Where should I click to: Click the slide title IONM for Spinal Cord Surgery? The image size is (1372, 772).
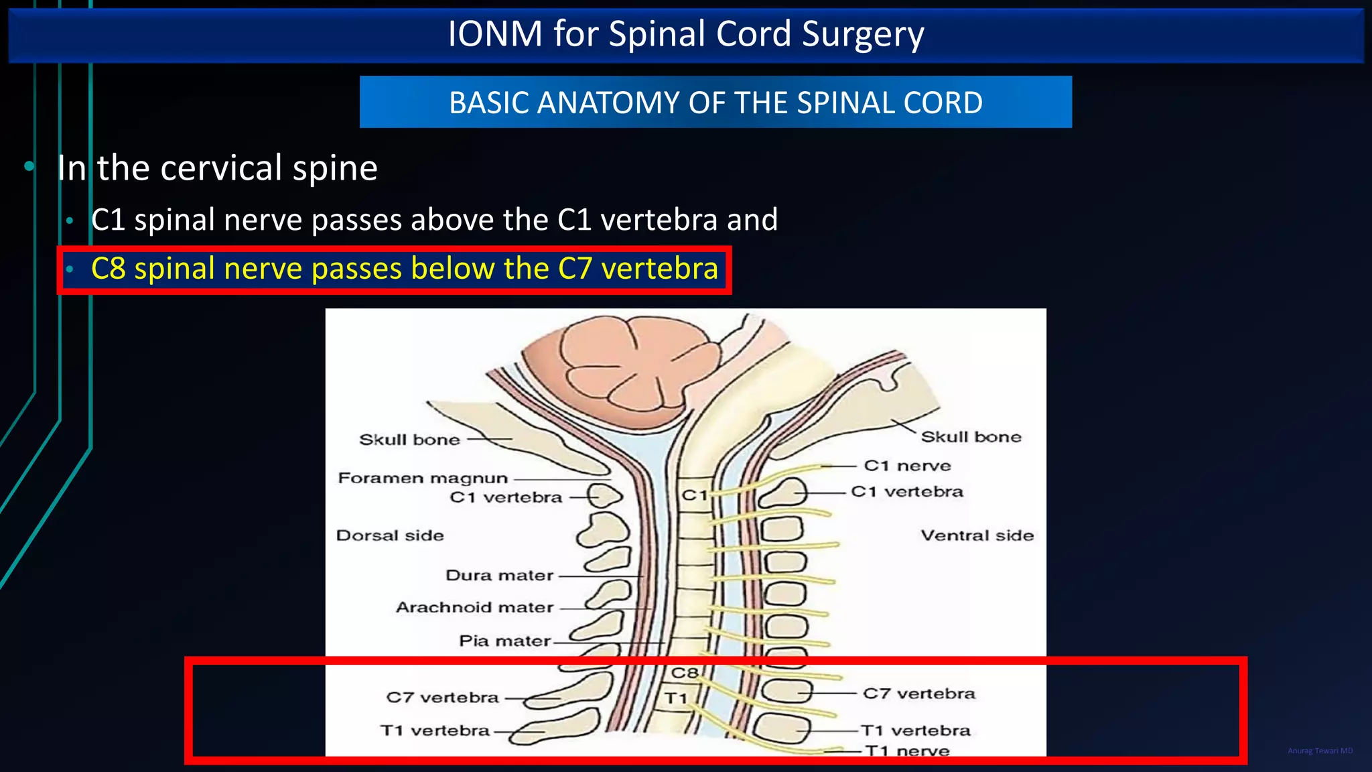(x=685, y=34)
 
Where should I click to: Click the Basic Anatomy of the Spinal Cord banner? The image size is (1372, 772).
(x=715, y=103)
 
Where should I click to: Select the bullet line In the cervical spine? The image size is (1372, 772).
(x=217, y=168)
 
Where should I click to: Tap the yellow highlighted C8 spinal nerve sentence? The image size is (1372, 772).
(x=404, y=269)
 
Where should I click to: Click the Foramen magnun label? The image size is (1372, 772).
(x=423, y=478)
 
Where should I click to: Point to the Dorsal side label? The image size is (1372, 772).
(x=390, y=535)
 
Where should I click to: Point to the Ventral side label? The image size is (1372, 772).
(x=977, y=535)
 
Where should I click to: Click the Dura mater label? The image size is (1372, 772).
(x=499, y=576)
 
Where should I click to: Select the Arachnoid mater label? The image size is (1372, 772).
(x=474, y=608)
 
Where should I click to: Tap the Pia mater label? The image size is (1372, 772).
(x=504, y=641)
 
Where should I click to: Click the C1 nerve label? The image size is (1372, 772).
(x=907, y=466)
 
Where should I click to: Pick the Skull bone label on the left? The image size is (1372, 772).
(x=409, y=440)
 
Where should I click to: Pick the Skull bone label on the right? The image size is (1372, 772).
(x=971, y=437)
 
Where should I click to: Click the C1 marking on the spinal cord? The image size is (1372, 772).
(x=694, y=495)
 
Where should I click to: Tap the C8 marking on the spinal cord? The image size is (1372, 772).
(x=685, y=673)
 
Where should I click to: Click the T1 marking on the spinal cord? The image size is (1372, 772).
(x=677, y=698)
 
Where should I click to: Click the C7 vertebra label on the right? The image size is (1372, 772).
(x=918, y=694)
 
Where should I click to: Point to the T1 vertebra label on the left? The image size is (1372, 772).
(x=435, y=730)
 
